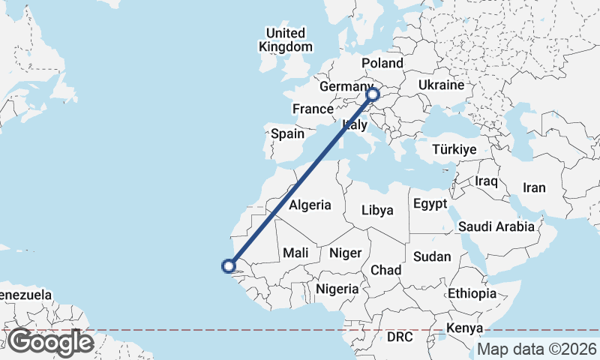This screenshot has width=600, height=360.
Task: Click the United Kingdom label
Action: pyautogui.click(x=286, y=40)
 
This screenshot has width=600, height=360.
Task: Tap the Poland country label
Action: pyautogui.click(x=382, y=63)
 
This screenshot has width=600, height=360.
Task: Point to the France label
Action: pyautogui.click(x=313, y=109)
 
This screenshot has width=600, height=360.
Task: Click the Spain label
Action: pyautogui.click(x=287, y=134)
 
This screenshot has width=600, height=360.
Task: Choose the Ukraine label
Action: pyautogui.click(x=441, y=85)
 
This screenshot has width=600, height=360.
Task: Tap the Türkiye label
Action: pyautogui.click(x=454, y=150)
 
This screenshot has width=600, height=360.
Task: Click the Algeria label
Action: pyautogui.click(x=310, y=205)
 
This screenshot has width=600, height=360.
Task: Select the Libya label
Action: pyautogui.click(x=377, y=210)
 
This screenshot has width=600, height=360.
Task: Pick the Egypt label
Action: pyautogui.click(x=430, y=204)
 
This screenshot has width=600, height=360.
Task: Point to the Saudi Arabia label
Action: pyautogui.click(x=496, y=226)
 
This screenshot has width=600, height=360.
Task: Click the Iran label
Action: pyautogui.click(x=534, y=187)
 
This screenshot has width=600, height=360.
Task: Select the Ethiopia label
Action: pyautogui.click(x=472, y=292)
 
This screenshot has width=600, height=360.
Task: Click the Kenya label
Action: pyautogui.click(x=464, y=328)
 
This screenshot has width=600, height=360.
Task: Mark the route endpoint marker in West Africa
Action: pyautogui.click(x=229, y=265)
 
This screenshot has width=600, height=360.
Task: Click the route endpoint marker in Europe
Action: pyautogui.click(x=373, y=95)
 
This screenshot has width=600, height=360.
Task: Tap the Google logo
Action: pyautogui.click(x=50, y=342)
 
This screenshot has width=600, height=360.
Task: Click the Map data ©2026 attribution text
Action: pyautogui.click(x=537, y=349)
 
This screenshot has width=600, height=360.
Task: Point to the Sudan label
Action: pyautogui.click(x=432, y=256)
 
